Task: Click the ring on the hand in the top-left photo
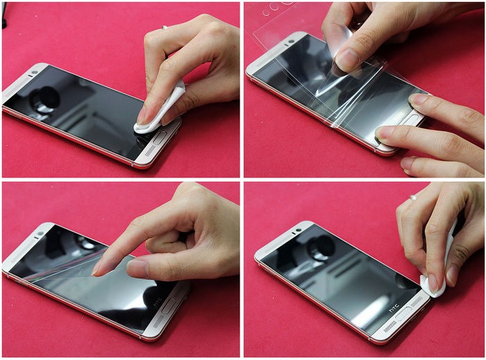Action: (165, 28)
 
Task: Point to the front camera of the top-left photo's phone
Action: (35, 73)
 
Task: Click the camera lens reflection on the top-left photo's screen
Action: (44, 99)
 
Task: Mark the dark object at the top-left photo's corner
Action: (3, 15)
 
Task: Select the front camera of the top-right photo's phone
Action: (291, 41)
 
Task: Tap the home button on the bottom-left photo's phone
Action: (169, 307)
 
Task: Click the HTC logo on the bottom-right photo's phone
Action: (394, 309)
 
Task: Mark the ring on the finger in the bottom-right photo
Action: (413, 197)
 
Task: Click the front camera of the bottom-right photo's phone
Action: (299, 230)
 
